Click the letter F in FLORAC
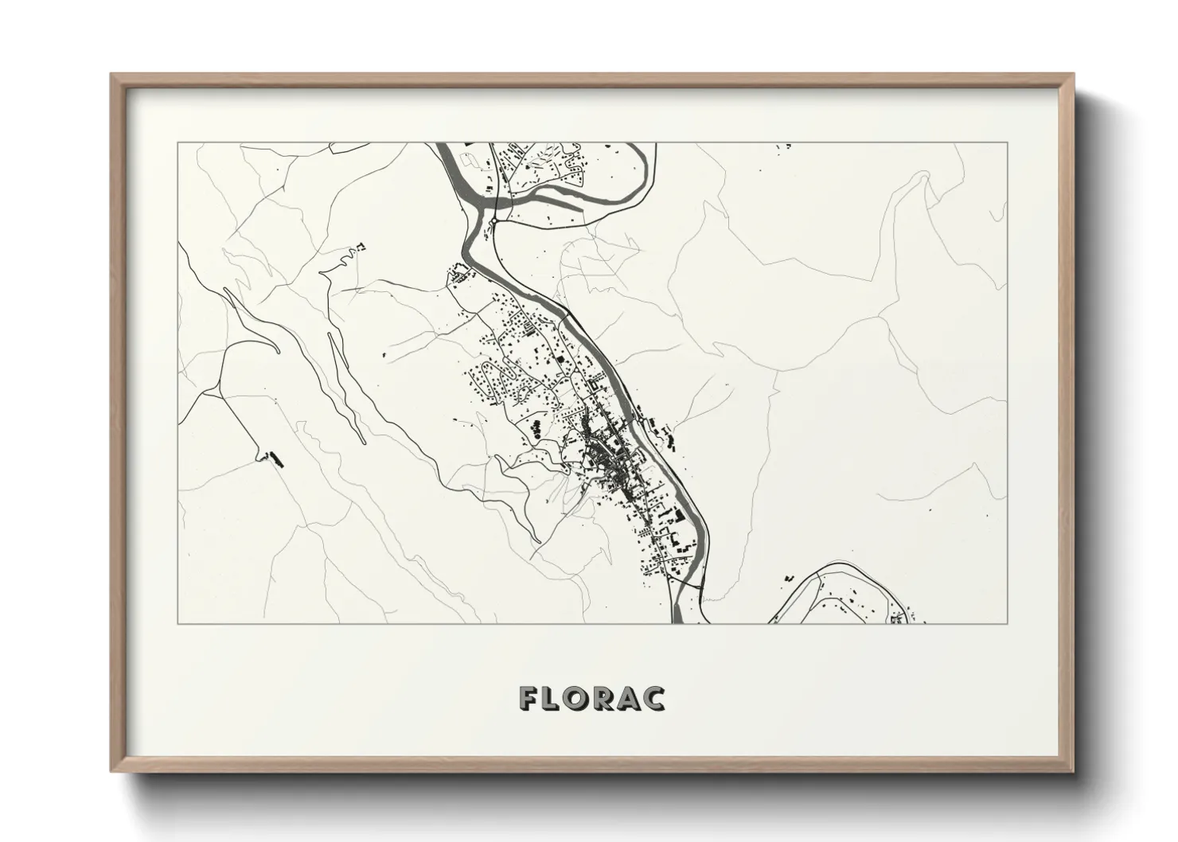(531, 698)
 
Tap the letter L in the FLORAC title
(556, 698)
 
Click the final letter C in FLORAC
(654, 698)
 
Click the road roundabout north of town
(493, 222)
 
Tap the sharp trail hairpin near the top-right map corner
(923, 178)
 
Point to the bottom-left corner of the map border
(177, 623)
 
